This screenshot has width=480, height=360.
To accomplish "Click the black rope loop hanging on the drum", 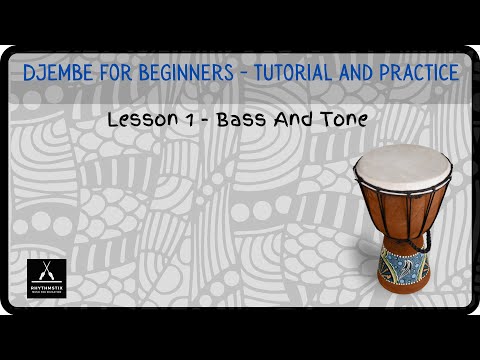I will (426, 240).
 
